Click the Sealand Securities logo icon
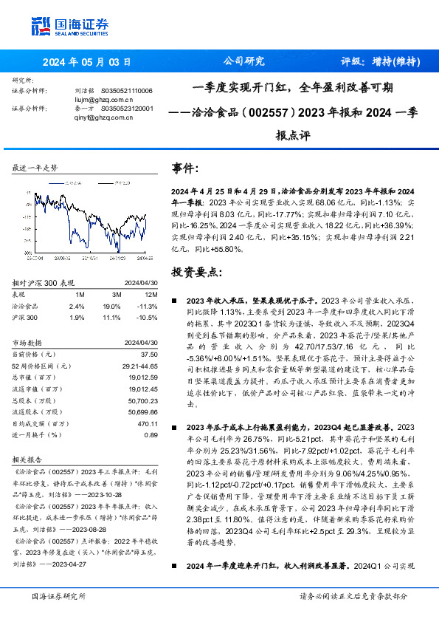[x=41, y=26]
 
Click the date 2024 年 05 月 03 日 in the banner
[x=86, y=62]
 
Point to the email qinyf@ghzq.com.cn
[x=94, y=116]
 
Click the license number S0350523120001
[x=127, y=108]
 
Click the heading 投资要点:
[x=196, y=272]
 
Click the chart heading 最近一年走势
[x=35, y=168]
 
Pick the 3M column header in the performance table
[x=115, y=294]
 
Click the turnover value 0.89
[x=151, y=435]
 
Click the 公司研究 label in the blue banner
[x=243, y=62]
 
